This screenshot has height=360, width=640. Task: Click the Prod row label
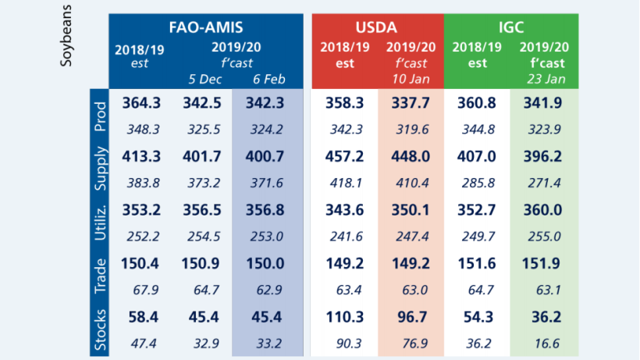(x=101, y=116)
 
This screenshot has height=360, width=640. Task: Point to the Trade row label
(x=101, y=276)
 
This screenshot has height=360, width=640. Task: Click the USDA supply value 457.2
(x=344, y=155)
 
